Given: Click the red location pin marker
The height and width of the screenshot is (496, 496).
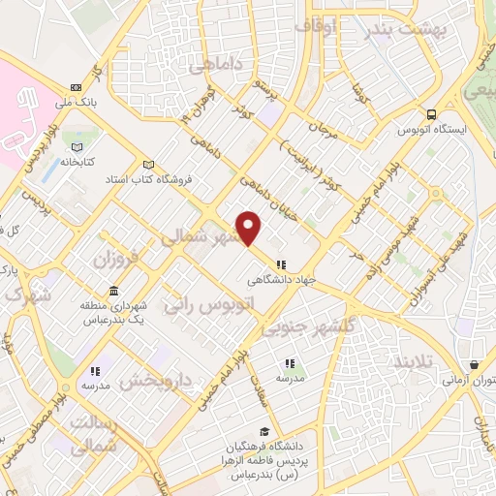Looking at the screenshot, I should [x=250, y=227].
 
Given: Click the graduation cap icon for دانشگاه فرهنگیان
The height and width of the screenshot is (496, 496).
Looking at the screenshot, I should [x=263, y=432].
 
